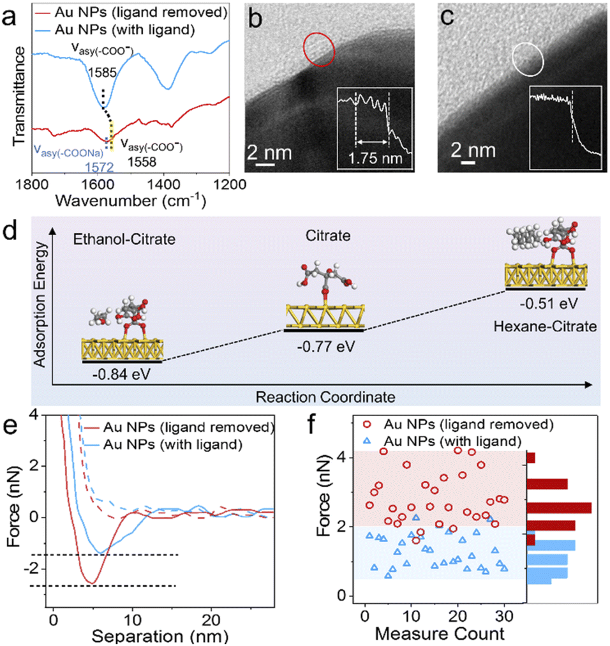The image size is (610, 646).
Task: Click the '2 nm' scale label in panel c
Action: (474, 151)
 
